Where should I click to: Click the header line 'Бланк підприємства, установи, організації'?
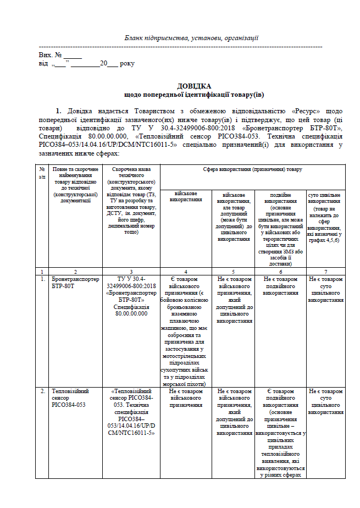tap(191, 38)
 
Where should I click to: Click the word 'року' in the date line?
tap(127, 64)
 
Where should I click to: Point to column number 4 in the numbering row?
tap(185, 272)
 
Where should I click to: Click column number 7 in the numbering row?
tap(325, 272)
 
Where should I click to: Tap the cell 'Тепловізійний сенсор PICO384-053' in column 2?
tap(69, 398)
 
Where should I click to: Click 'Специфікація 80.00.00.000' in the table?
tap(131, 310)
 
